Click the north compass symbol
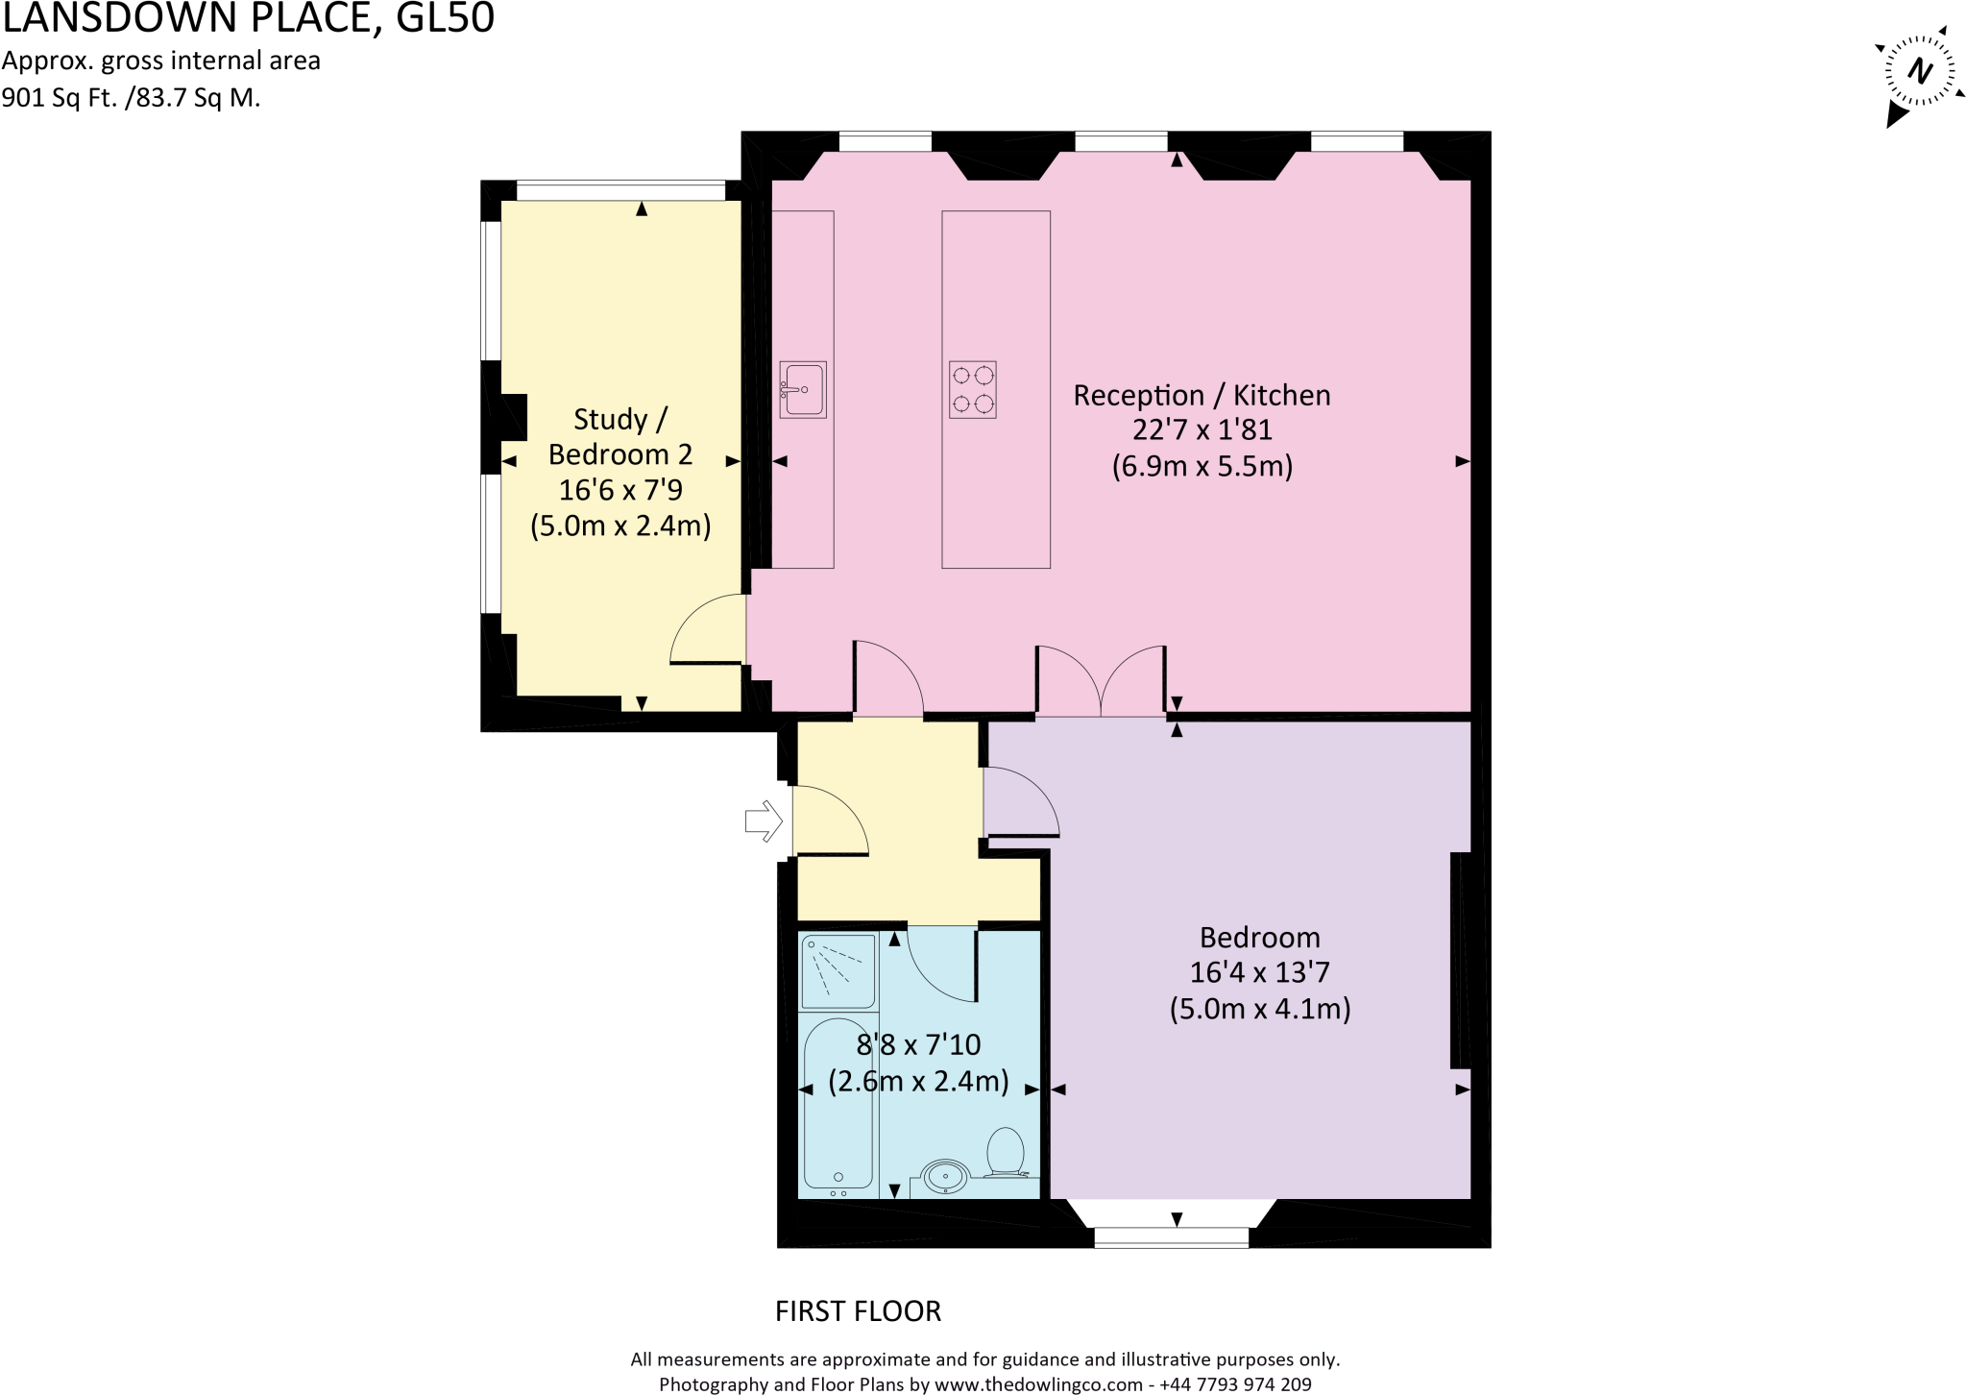coord(1918,73)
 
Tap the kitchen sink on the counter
coord(802,389)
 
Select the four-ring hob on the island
coord(972,389)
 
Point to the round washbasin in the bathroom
coord(946,1176)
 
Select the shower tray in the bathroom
coord(838,971)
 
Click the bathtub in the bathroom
coord(838,1105)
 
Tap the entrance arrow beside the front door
coord(764,821)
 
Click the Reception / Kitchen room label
coord(1202,395)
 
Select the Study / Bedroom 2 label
coord(620,436)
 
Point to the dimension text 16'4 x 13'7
coord(1259,972)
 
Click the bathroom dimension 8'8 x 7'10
coord(918,1044)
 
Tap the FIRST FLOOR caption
coord(858,1311)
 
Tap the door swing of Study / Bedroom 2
coord(708,630)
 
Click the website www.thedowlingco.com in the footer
coord(1038,1384)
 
